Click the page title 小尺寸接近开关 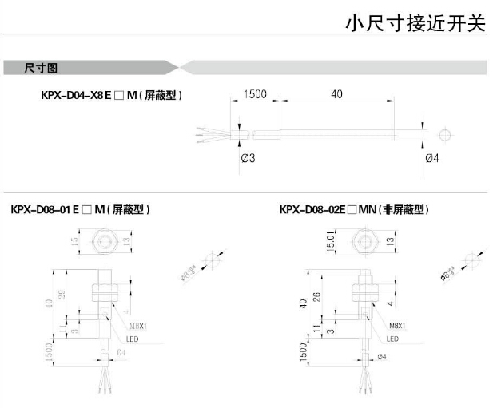[x=415, y=23]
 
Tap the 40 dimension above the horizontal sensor [x=336, y=94]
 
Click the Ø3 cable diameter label [x=247, y=158]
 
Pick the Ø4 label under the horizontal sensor [x=432, y=158]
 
